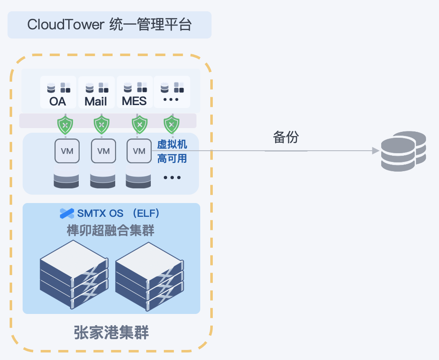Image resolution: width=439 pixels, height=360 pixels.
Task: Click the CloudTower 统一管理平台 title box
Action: pos(109,25)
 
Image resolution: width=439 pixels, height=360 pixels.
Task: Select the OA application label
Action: pos(58,101)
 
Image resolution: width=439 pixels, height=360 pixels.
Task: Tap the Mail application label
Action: pos(96,101)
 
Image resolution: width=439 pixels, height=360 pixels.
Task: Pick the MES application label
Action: pos(134,101)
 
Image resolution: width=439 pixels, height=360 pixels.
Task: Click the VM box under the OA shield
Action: pos(67,151)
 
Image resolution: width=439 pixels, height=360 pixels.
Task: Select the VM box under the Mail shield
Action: pos(103,151)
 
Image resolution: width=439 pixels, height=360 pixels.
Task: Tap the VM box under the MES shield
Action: pos(139,151)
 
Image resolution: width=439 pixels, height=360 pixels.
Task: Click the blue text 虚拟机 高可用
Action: pos(172,152)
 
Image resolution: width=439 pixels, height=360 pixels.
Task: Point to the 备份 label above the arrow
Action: pos(286,137)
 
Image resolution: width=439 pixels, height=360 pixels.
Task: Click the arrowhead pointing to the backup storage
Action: pos(376,151)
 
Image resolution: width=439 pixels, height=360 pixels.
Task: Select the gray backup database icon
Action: pos(403,151)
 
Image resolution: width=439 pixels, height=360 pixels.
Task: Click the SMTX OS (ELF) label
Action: pos(118,213)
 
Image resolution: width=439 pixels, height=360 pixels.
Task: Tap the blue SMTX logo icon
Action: pos(67,213)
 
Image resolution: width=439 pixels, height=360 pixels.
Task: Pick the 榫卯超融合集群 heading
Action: pos(111,230)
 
